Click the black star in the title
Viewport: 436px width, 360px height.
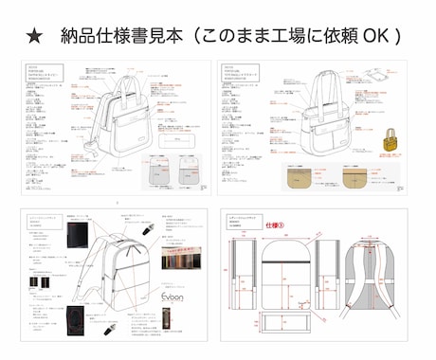[x=35, y=36]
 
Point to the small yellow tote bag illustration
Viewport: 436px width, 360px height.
[x=388, y=143]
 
